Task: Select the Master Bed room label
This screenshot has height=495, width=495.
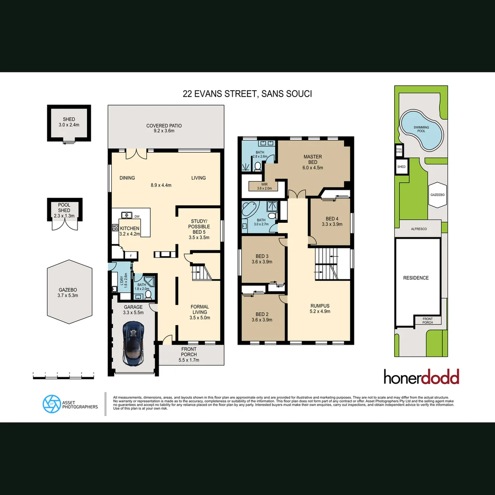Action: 313,159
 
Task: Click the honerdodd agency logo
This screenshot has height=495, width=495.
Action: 421,377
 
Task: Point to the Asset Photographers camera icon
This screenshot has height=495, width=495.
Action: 51,403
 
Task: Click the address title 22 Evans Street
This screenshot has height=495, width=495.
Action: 247,94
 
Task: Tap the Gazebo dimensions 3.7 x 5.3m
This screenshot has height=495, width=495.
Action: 68,296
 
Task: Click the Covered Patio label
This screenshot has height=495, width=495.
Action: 164,126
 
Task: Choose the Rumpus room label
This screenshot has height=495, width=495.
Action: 320,306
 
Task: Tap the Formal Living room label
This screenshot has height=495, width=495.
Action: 199,310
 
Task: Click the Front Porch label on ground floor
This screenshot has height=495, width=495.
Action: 189,352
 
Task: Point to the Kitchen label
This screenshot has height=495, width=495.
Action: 130,228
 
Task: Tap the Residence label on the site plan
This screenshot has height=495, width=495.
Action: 416,278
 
